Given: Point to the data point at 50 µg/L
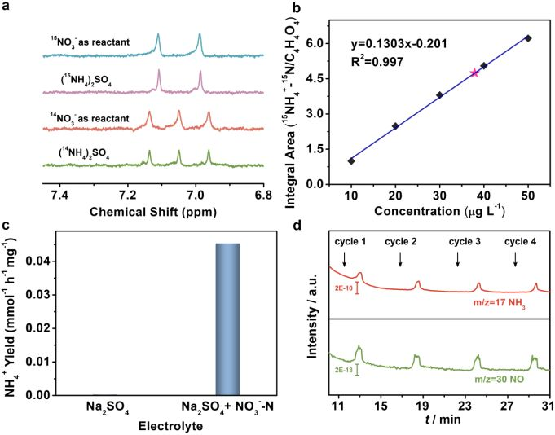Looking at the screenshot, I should coord(528,37).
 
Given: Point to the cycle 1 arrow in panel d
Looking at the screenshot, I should coord(345,258).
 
